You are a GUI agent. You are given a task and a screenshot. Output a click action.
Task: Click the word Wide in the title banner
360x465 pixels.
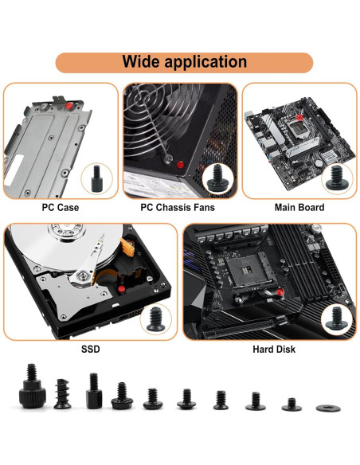(143, 62)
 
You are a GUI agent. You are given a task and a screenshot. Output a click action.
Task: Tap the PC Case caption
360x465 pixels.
(61, 208)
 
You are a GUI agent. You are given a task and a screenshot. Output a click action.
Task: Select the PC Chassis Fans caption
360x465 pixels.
(178, 208)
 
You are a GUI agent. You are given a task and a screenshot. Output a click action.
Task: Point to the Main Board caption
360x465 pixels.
(299, 208)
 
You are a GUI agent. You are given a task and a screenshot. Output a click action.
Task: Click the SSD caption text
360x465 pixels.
(90, 349)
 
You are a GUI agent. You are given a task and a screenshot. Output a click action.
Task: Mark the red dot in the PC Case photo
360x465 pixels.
(71, 105)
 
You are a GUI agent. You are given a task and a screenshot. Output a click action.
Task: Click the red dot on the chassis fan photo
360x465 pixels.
(181, 165)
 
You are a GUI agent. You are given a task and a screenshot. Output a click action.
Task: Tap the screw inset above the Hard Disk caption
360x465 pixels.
(333, 319)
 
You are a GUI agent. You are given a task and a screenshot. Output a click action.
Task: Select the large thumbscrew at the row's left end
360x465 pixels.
(29, 385)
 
